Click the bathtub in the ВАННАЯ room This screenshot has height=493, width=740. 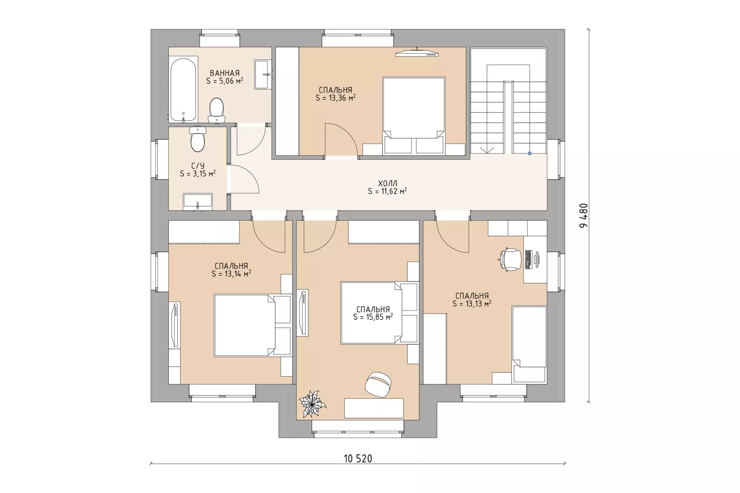coord(184,90)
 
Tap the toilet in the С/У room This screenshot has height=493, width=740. coord(198,139)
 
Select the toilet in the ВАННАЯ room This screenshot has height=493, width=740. coord(217,110)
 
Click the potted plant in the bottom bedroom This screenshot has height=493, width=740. coord(313,404)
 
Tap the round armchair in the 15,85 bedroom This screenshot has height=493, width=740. coord(378,384)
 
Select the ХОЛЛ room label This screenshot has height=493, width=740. coord(388,183)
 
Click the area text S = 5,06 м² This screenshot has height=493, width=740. coord(225,81)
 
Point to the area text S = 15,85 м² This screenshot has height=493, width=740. coord(373,317)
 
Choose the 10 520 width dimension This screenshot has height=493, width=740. coord(358,458)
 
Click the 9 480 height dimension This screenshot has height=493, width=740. coord(584,215)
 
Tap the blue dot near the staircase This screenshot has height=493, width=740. coord(530,153)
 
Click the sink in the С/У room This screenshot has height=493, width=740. coord(197,202)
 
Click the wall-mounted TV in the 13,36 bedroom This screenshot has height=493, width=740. coord(417,53)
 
